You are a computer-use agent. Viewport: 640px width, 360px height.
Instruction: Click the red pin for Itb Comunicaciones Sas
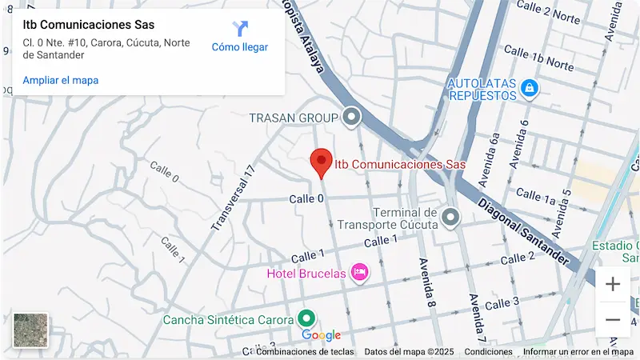pos(321,162)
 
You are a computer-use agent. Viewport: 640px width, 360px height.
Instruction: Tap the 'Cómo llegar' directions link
pos(239,38)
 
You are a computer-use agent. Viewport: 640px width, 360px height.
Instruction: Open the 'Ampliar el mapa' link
pos(61,80)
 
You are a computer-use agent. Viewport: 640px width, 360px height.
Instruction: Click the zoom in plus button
pos(613,284)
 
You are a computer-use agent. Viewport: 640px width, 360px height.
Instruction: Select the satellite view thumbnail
pos(31,330)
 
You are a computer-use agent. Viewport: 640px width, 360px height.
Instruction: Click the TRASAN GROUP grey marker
pos(350,118)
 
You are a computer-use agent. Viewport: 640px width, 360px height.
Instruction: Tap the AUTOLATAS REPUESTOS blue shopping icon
pos(528,88)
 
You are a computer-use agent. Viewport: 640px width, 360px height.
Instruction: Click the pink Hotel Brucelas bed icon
pos(360,274)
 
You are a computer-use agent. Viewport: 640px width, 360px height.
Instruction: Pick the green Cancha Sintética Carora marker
pos(306,319)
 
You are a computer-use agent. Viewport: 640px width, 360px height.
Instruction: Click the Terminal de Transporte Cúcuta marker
pos(451,217)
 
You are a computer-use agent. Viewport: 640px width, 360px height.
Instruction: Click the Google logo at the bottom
pos(322,335)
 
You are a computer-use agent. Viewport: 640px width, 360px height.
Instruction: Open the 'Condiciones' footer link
pos(488,351)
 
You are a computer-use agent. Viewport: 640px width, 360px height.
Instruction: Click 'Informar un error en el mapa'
pos(578,351)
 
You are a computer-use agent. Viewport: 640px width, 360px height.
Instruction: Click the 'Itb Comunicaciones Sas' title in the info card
pos(88,25)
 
